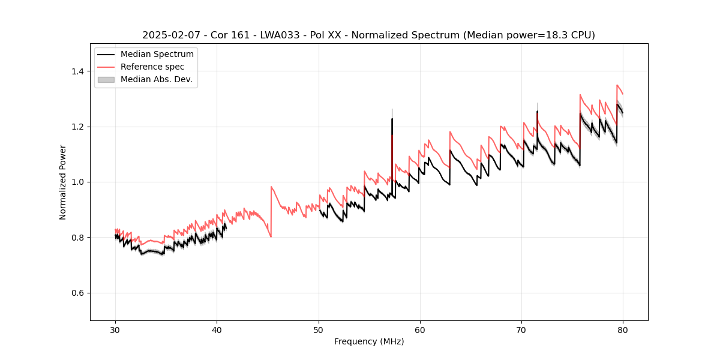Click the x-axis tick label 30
(x=115, y=329)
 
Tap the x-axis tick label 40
(x=217, y=329)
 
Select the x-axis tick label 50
(x=318, y=329)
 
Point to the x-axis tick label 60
(x=420, y=329)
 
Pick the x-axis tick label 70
(x=521, y=329)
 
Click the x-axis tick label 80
(x=623, y=329)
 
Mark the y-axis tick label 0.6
(x=78, y=293)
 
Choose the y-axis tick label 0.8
(x=78, y=238)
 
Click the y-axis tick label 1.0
(x=78, y=182)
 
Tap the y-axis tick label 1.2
(x=78, y=127)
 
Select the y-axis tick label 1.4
(x=78, y=71)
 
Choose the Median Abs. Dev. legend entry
(x=156, y=79)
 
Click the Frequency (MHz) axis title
(x=369, y=341)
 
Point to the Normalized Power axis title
(x=63, y=182)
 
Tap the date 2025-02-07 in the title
(x=169, y=35)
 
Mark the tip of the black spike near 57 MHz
(x=392, y=119)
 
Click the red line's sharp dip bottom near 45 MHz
(x=271, y=237)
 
